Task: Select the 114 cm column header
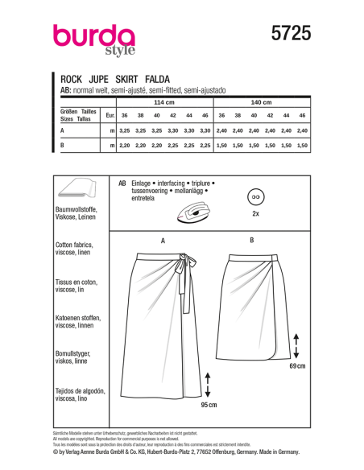[163, 104]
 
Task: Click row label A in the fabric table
[62, 130]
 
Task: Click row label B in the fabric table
[62, 145]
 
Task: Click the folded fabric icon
[78, 192]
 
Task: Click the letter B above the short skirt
[252, 240]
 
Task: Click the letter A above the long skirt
[163, 240]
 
